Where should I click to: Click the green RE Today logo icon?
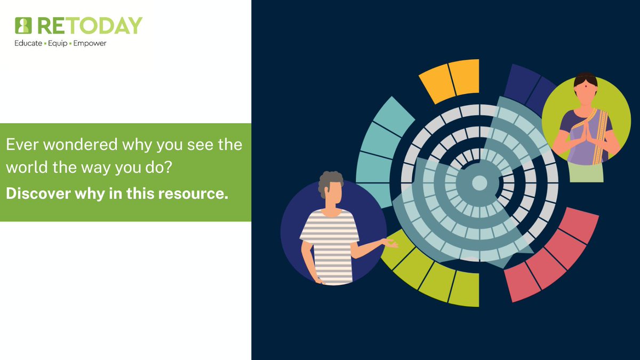pos(23,26)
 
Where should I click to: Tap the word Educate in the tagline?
pos(28,43)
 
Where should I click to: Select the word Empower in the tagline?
pos(90,43)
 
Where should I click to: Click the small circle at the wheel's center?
pos(479,183)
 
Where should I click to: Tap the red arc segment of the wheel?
pos(555,251)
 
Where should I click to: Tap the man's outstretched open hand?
pos(390,244)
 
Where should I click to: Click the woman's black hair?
pos(585,77)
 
